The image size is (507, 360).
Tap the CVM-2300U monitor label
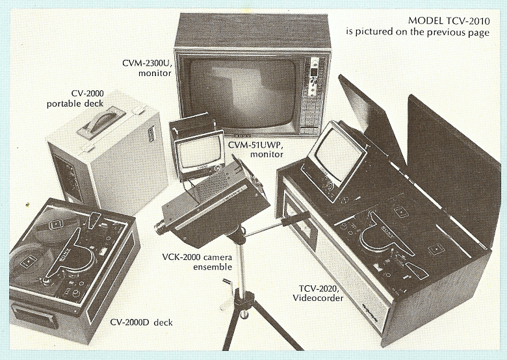[146, 68]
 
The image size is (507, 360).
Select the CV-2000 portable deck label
[75, 99]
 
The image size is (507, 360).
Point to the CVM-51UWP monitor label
[255, 149]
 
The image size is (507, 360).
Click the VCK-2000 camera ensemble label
[197, 262]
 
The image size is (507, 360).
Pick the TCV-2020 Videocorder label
[318, 293]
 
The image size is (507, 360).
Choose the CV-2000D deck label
[141, 322]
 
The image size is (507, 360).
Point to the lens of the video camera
[161, 227]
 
